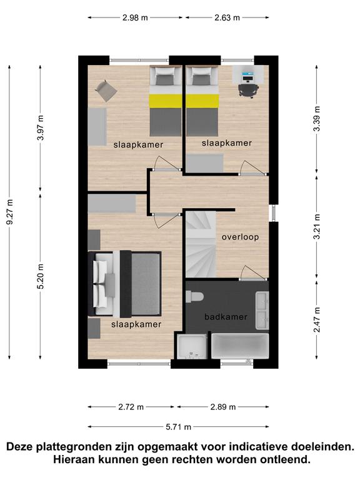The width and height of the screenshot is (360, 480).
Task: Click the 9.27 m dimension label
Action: tap(10, 212)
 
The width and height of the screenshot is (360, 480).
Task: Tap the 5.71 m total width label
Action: tap(179, 426)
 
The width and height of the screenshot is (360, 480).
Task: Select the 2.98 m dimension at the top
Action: tap(135, 17)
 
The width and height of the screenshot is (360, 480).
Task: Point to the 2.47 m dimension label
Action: tap(317, 319)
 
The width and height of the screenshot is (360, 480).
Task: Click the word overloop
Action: tap(240, 237)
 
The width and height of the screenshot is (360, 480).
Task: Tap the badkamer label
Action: tap(226, 316)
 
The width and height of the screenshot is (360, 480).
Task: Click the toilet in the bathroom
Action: tap(195, 297)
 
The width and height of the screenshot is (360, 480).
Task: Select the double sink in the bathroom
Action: tap(262, 311)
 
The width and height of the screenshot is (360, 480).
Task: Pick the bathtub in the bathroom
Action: tap(240, 346)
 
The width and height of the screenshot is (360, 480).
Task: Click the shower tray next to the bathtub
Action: tap(192, 346)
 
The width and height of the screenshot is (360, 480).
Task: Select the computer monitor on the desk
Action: tap(247, 74)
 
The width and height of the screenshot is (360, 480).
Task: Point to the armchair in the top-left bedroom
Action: tap(106, 91)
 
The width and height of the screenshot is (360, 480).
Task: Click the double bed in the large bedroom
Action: tap(125, 284)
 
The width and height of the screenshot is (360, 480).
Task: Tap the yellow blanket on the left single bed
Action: tap(166, 101)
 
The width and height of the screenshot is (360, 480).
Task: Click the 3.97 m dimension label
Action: tap(41, 127)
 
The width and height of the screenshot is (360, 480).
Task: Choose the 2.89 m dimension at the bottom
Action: tap(223, 407)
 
